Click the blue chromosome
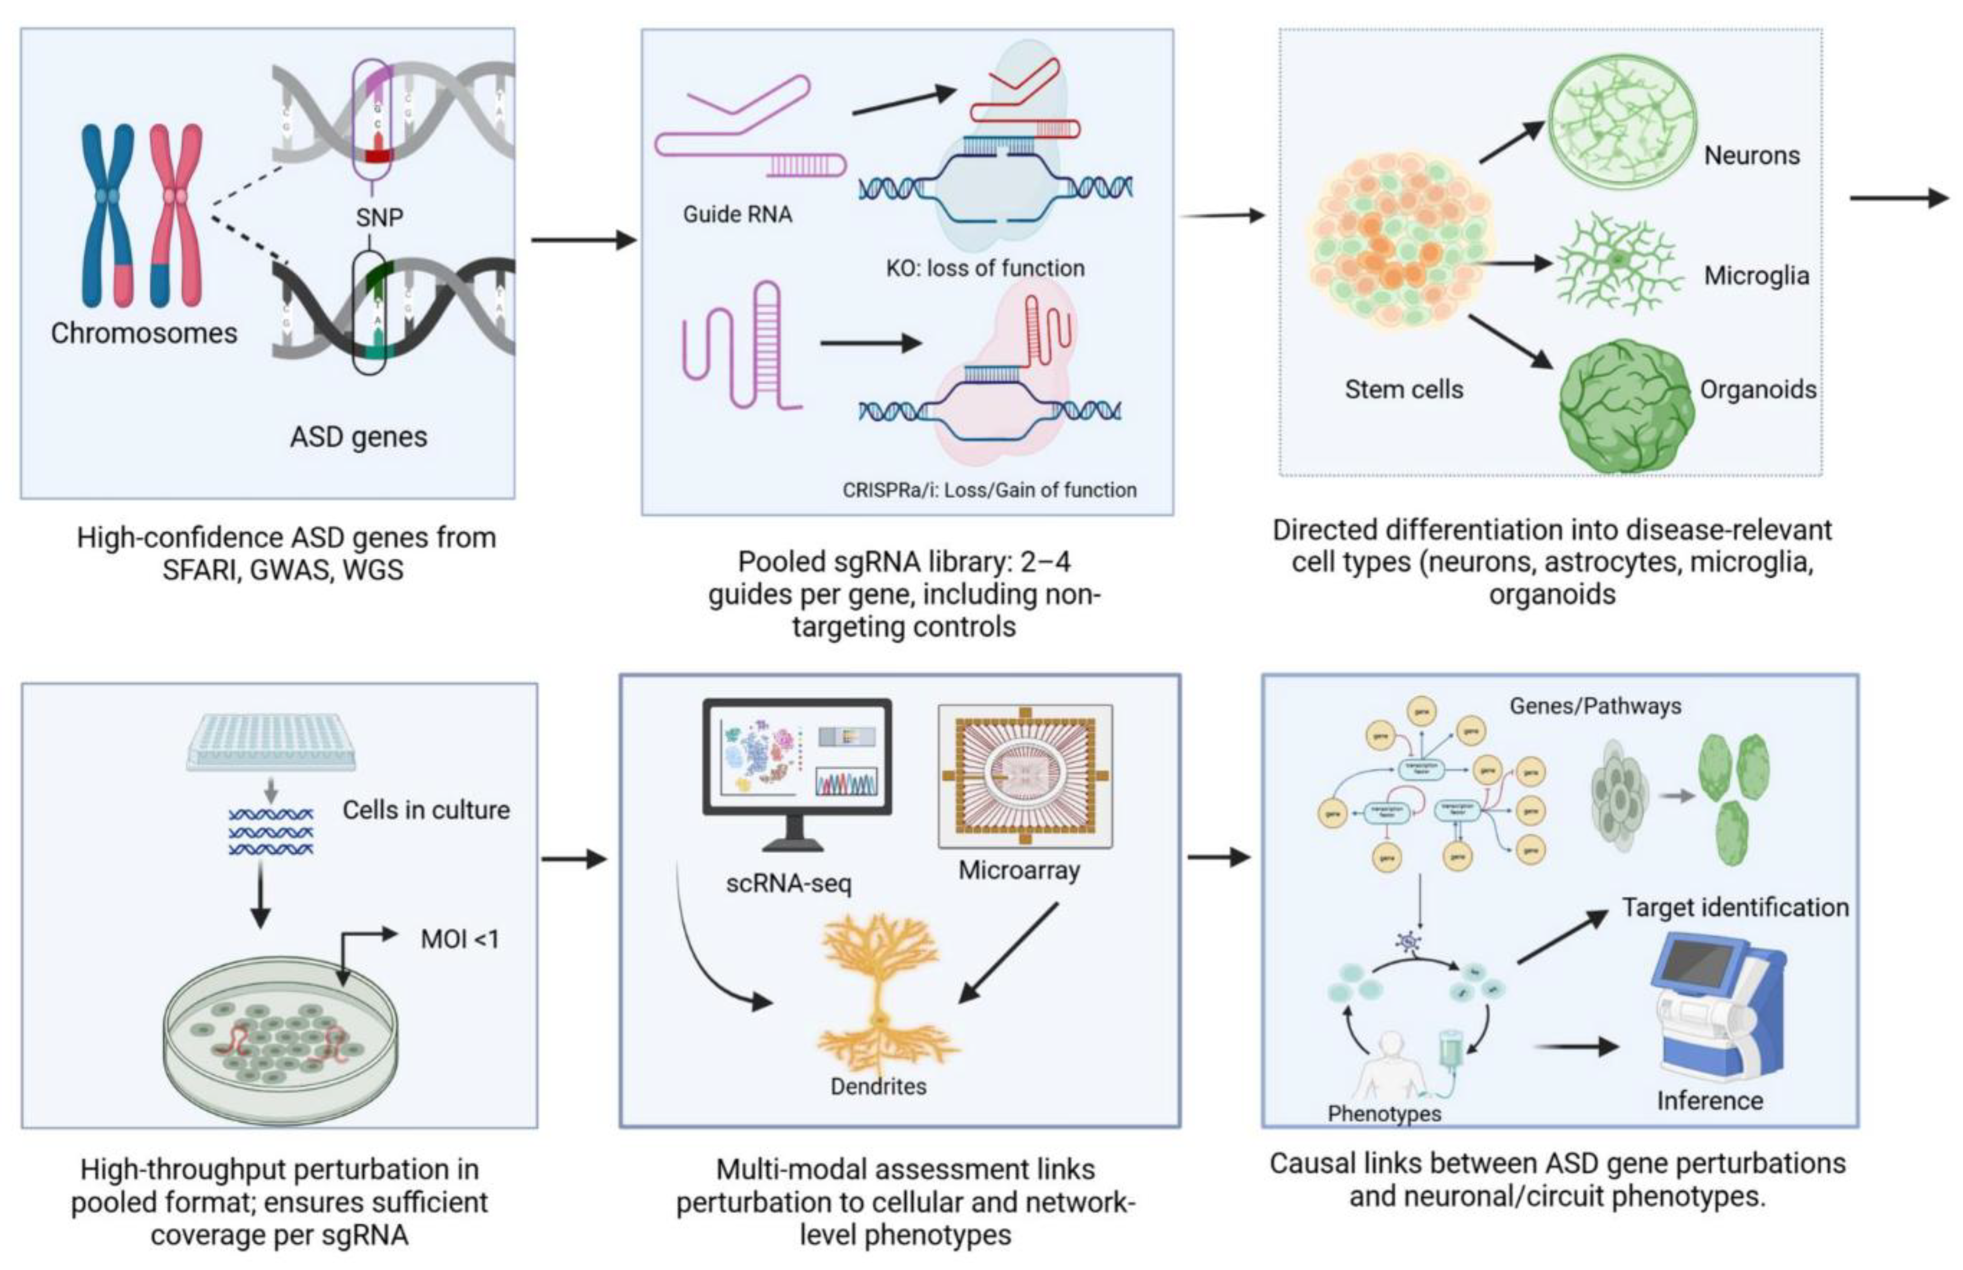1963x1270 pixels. point(107,215)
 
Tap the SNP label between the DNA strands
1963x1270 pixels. point(380,218)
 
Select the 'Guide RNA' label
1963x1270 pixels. point(737,215)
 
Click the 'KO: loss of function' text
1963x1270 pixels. point(985,268)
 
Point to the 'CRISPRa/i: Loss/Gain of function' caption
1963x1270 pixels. point(989,490)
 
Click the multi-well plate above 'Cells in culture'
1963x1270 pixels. point(270,742)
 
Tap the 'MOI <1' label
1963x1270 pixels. point(459,939)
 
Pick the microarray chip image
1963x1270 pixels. point(1025,775)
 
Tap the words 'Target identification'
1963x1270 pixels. point(1735,907)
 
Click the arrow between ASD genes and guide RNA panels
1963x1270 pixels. point(583,241)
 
